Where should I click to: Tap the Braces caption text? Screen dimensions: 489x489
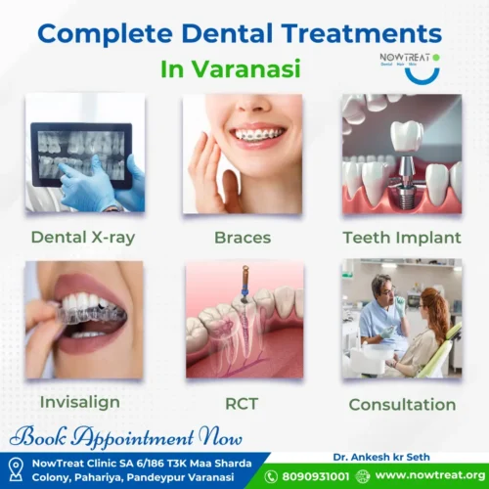[x=243, y=237]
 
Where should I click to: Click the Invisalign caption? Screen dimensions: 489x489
[x=82, y=402]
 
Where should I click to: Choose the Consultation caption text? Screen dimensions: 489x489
[x=400, y=404]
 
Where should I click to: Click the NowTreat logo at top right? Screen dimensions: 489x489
[x=409, y=62]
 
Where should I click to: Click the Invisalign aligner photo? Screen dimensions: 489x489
[x=84, y=320]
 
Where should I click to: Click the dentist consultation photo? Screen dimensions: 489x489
[x=401, y=320]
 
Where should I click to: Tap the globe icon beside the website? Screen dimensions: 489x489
[x=365, y=476]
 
